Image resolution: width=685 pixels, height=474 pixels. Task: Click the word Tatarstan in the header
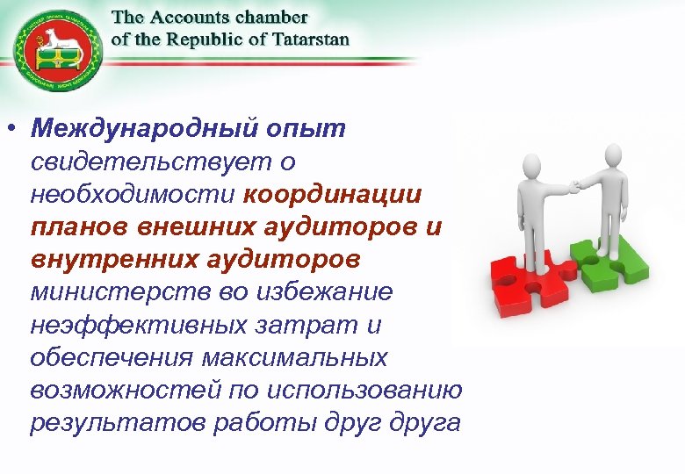coord(307,39)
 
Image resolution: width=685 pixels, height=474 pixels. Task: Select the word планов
coord(79,227)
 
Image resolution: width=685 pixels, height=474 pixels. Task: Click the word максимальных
coord(294,358)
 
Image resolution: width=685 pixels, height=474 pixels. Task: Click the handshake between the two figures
coord(573,185)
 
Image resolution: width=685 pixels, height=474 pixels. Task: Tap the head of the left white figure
coord(530,166)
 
